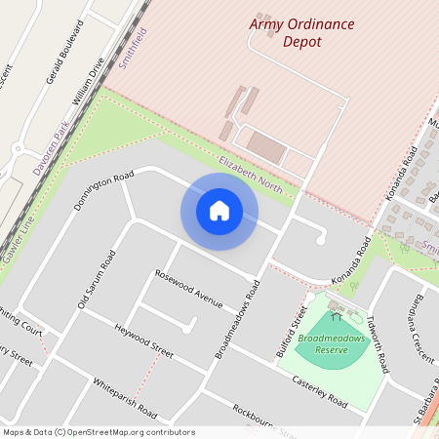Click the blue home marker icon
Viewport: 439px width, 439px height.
click(219, 211)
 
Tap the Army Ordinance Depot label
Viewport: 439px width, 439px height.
click(301, 32)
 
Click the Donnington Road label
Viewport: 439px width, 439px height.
click(102, 191)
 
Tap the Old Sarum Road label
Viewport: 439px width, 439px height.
click(97, 280)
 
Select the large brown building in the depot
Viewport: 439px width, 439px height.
click(264, 146)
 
